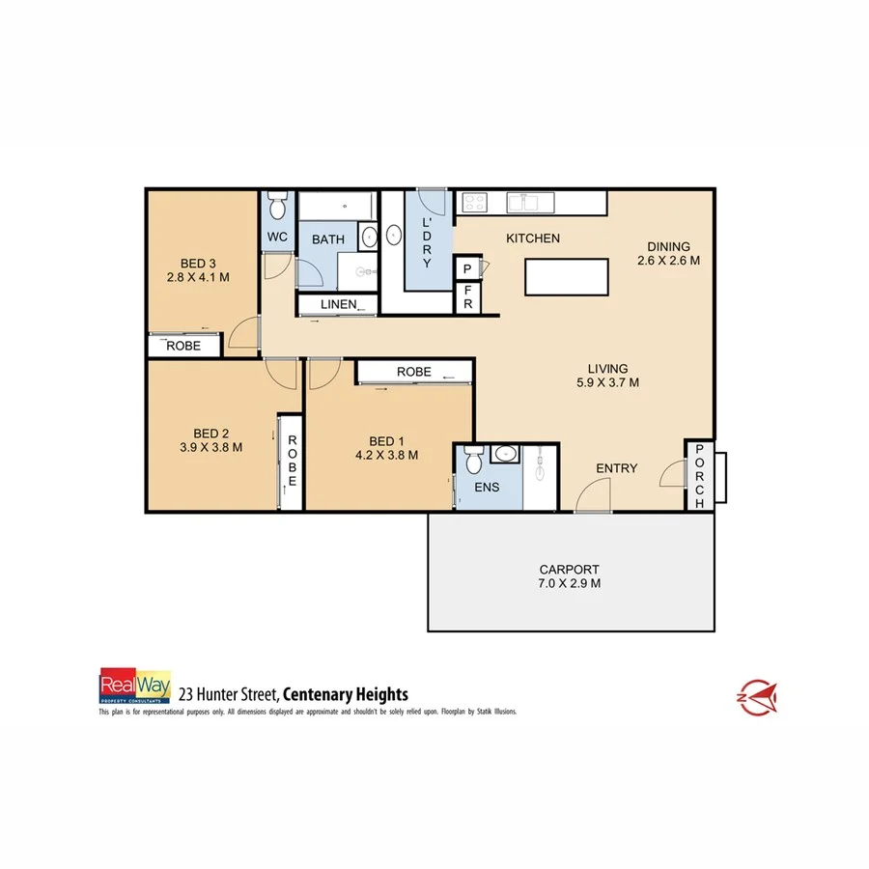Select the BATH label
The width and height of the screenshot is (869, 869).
[x=327, y=238]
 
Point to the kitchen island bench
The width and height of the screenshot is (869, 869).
[x=567, y=277]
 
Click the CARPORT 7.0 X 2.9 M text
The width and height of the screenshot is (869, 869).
[x=570, y=576]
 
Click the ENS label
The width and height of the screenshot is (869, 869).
[x=487, y=488]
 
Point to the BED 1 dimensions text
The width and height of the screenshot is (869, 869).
[x=386, y=456]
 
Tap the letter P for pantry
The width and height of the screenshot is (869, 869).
[x=467, y=269]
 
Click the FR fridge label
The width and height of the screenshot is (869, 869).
[x=467, y=297]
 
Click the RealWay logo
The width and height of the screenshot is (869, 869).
[x=135, y=685]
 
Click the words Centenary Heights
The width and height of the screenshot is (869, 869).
[x=347, y=693]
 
